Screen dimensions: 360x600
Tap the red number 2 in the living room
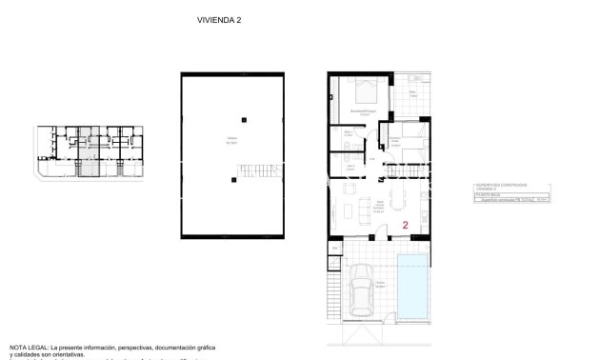tap(406, 226)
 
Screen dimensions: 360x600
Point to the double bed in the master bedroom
tap(366, 91)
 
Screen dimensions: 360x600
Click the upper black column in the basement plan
tap(245, 118)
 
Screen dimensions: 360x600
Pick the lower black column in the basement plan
tap(233, 178)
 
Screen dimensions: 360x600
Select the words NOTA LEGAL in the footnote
tap(28, 348)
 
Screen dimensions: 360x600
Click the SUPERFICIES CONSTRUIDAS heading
tap(502, 185)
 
